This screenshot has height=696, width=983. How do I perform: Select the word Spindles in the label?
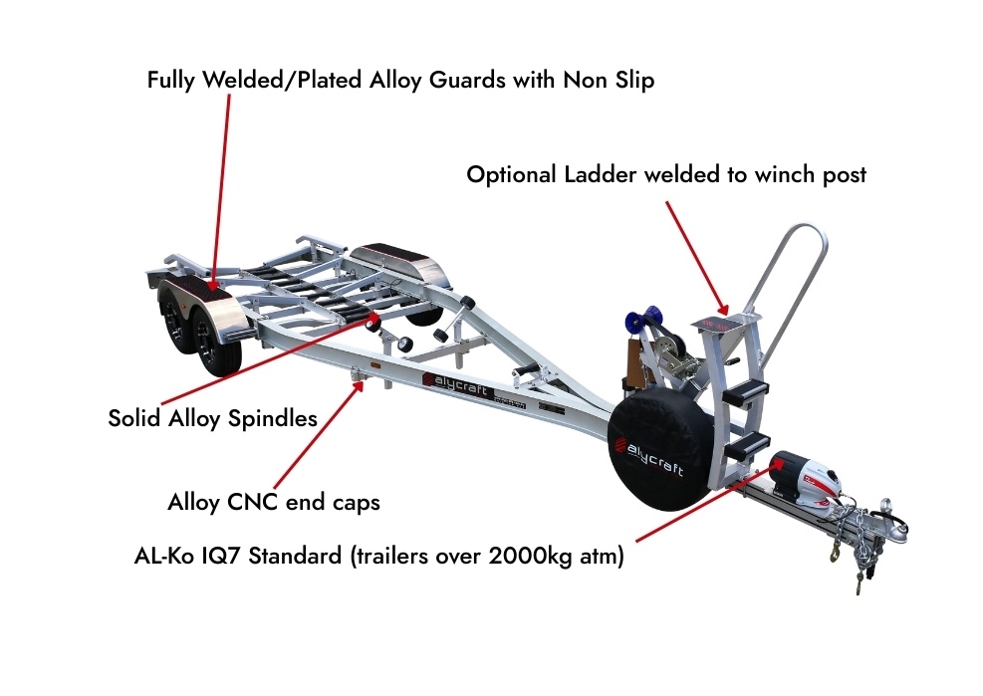272,418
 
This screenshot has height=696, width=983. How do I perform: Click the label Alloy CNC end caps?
274,503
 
